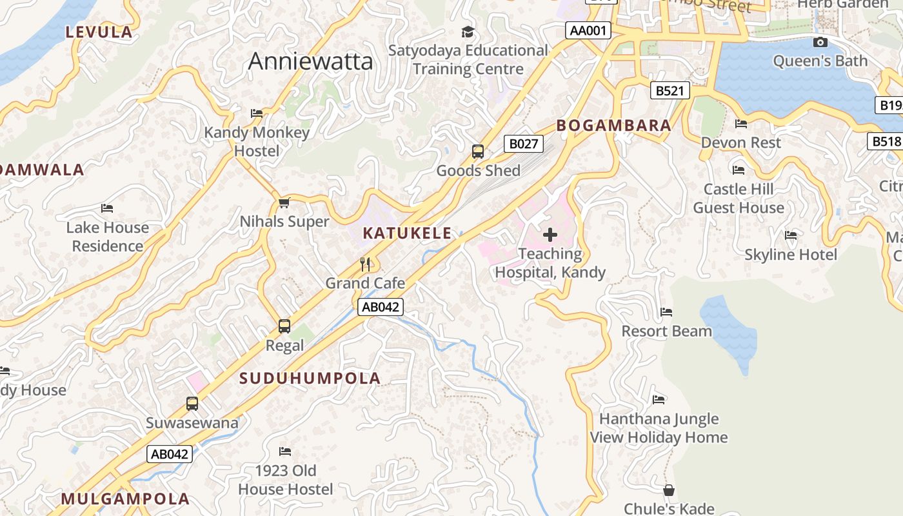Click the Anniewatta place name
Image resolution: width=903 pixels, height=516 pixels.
pyautogui.click(x=310, y=61)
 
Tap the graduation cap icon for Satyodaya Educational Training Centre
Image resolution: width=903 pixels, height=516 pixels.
pyautogui.click(x=468, y=32)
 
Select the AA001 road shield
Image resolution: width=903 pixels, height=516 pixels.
pyautogui.click(x=588, y=30)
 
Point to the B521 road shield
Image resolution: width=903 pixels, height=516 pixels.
pyautogui.click(x=669, y=90)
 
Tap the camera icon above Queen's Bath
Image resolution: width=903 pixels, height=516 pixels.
pyautogui.click(x=820, y=43)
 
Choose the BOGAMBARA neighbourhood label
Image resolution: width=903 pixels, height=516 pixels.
pyautogui.click(x=613, y=125)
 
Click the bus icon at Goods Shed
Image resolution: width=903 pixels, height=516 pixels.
pyautogui.click(x=478, y=152)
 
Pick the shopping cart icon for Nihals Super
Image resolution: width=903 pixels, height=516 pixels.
pyautogui.click(x=284, y=203)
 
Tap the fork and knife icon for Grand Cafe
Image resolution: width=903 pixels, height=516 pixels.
pyautogui.click(x=365, y=264)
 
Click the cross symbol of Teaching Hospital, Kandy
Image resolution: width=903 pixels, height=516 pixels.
pyautogui.click(x=550, y=234)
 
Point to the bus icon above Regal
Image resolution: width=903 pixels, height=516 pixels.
pyautogui.click(x=284, y=326)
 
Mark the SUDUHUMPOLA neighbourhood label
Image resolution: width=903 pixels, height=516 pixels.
pyautogui.click(x=310, y=379)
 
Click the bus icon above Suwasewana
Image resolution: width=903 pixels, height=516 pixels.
pyautogui.click(x=192, y=404)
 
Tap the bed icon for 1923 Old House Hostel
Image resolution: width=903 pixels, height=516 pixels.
pyautogui.click(x=285, y=451)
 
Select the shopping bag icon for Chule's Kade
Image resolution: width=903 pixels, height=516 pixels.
pyautogui.click(x=669, y=490)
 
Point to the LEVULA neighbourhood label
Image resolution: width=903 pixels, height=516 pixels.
pyautogui.click(x=99, y=32)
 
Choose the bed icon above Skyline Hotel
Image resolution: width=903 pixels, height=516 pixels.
pyautogui.click(x=791, y=235)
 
